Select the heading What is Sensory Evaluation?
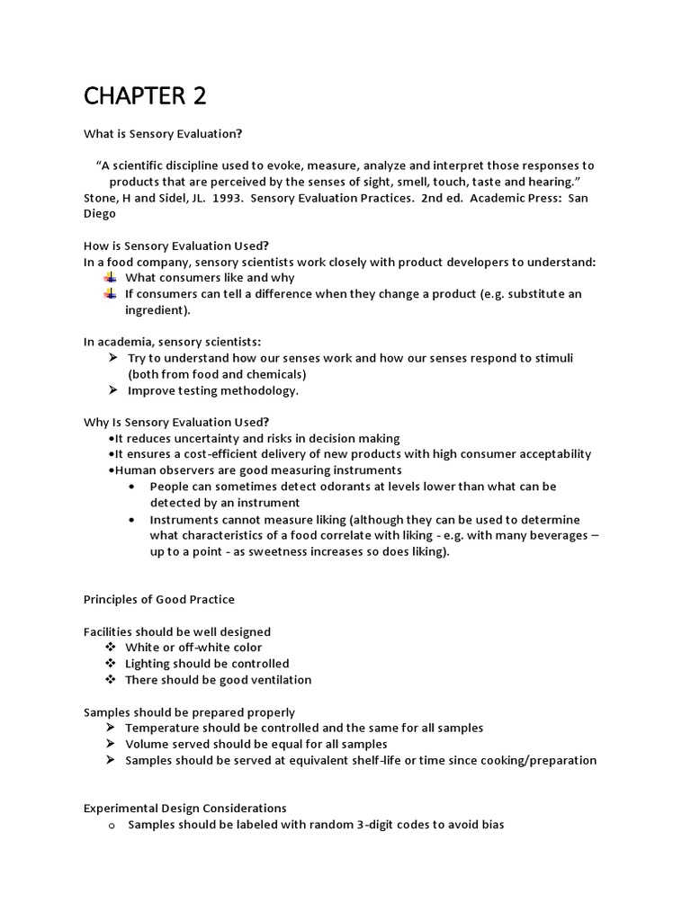coord(163,134)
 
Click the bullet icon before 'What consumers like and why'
coord(110,278)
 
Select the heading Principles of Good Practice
coord(159,600)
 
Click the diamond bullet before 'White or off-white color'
coord(111,648)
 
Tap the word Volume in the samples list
coord(146,744)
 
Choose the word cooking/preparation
coord(532,760)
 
